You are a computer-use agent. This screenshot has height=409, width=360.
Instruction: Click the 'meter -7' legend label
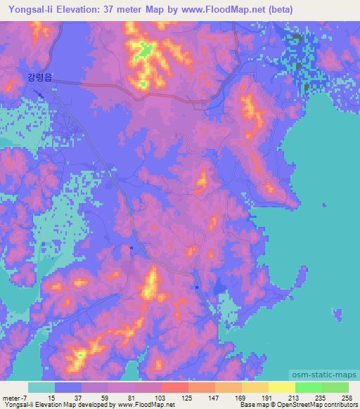(x=14, y=398)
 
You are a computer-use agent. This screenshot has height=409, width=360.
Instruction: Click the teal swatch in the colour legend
(x=41, y=387)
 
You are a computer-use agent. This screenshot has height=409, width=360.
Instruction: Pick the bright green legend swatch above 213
(x=309, y=387)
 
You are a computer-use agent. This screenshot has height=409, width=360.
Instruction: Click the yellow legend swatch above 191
(x=255, y=387)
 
